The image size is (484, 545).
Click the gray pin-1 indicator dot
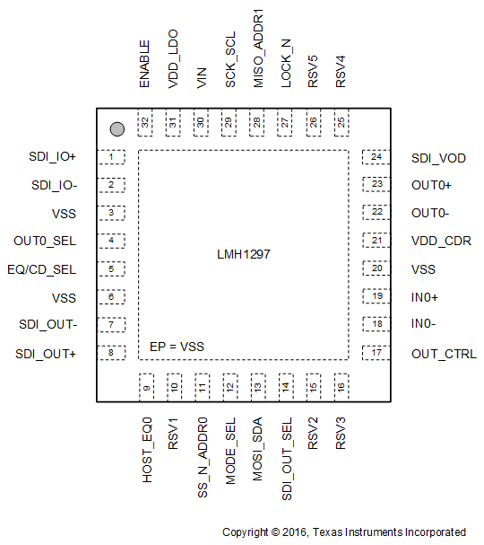pos(116,130)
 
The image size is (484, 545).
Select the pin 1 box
pos(111,158)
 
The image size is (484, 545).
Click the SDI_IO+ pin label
pos(53,157)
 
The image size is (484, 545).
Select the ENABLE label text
pos(144,66)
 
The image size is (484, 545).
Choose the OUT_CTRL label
pos(444,354)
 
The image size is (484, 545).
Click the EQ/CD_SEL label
pos(42,268)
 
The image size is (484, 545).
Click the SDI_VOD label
pos(438,158)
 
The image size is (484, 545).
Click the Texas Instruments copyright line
pos(344,532)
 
